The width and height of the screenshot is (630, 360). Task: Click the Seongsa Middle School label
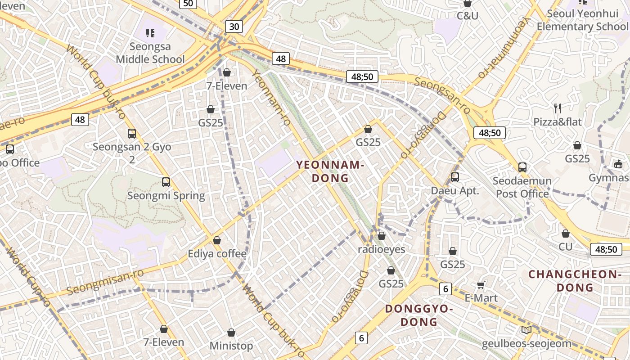click(x=150, y=53)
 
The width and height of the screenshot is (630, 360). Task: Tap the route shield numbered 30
click(x=234, y=27)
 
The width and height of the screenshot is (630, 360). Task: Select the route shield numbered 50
click(x=188, y=4)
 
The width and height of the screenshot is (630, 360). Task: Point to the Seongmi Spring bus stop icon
click(x=166, y=182)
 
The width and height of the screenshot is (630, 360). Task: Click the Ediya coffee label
click(x=217, y=254)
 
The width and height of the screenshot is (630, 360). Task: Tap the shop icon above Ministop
click(x=231, y=333)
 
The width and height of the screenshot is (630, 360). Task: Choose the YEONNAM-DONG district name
click(x=330, y=171)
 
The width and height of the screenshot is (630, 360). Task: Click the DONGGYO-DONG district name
click(x=419, y=315)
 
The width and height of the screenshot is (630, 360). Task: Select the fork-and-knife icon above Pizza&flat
click(x=558, y=108)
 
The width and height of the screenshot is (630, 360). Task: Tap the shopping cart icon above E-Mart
click(x=481, y=285)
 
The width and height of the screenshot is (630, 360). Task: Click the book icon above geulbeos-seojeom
click(x=526, y=330)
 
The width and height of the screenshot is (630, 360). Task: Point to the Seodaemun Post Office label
click(x=522, y=187)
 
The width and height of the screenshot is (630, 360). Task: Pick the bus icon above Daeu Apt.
click(x=455, y=177)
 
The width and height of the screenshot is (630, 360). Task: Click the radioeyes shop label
click(x=382, y=249)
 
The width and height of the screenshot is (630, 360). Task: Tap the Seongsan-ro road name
click(x=442, y=95)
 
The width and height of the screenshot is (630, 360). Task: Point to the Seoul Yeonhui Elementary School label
click(x=582, y=20)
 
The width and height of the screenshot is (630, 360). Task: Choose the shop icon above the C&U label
click(x=468, y=4)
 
